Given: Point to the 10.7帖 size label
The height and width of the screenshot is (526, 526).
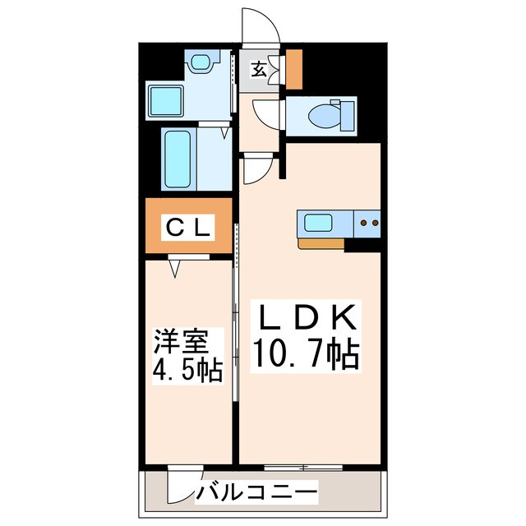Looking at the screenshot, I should point(303,353).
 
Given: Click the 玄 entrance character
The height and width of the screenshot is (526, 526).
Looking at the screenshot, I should point(258,70).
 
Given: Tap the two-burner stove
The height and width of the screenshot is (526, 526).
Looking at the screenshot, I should point(367,221).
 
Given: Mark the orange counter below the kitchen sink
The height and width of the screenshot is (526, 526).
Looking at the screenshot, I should point(321,242).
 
